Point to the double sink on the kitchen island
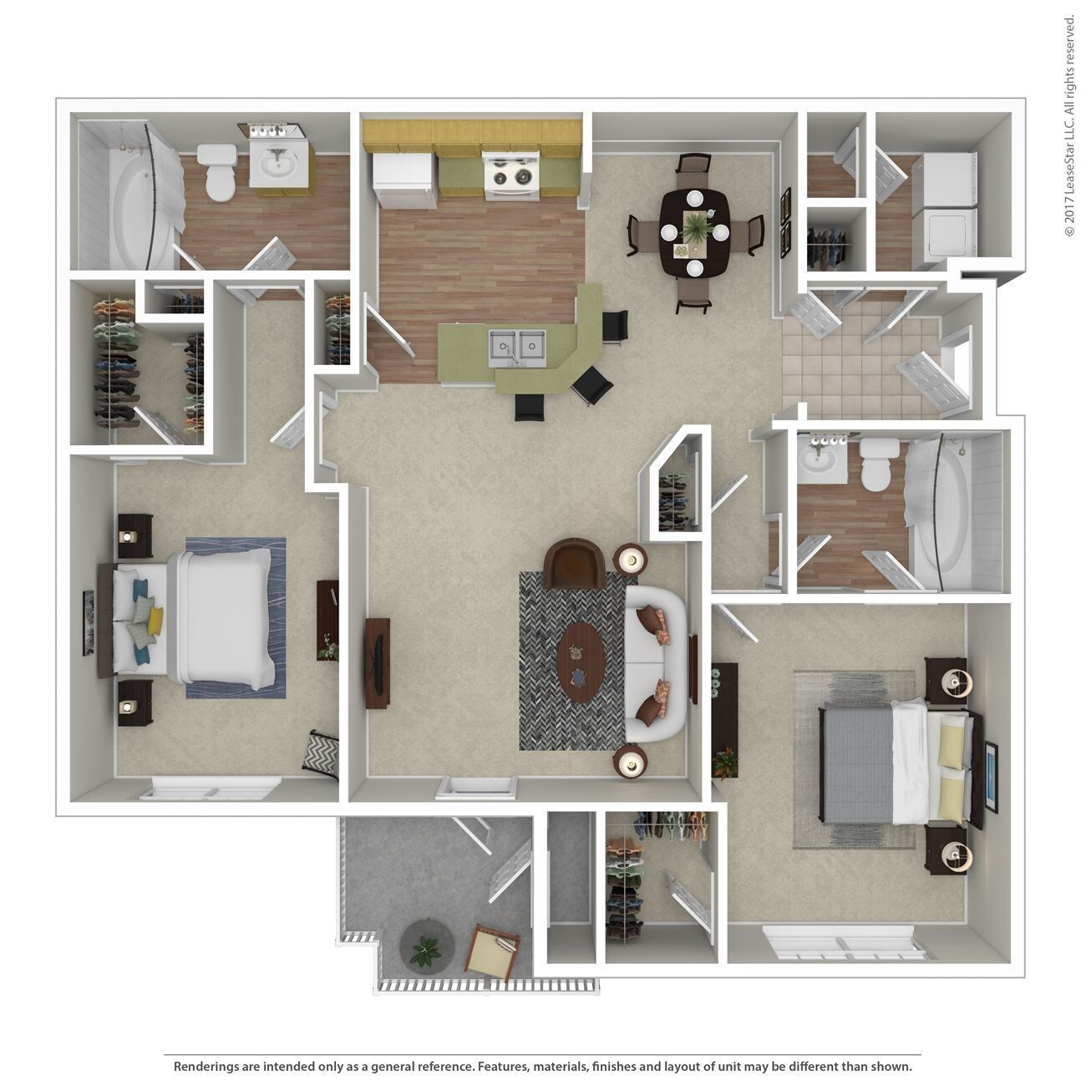click(518, 346)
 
